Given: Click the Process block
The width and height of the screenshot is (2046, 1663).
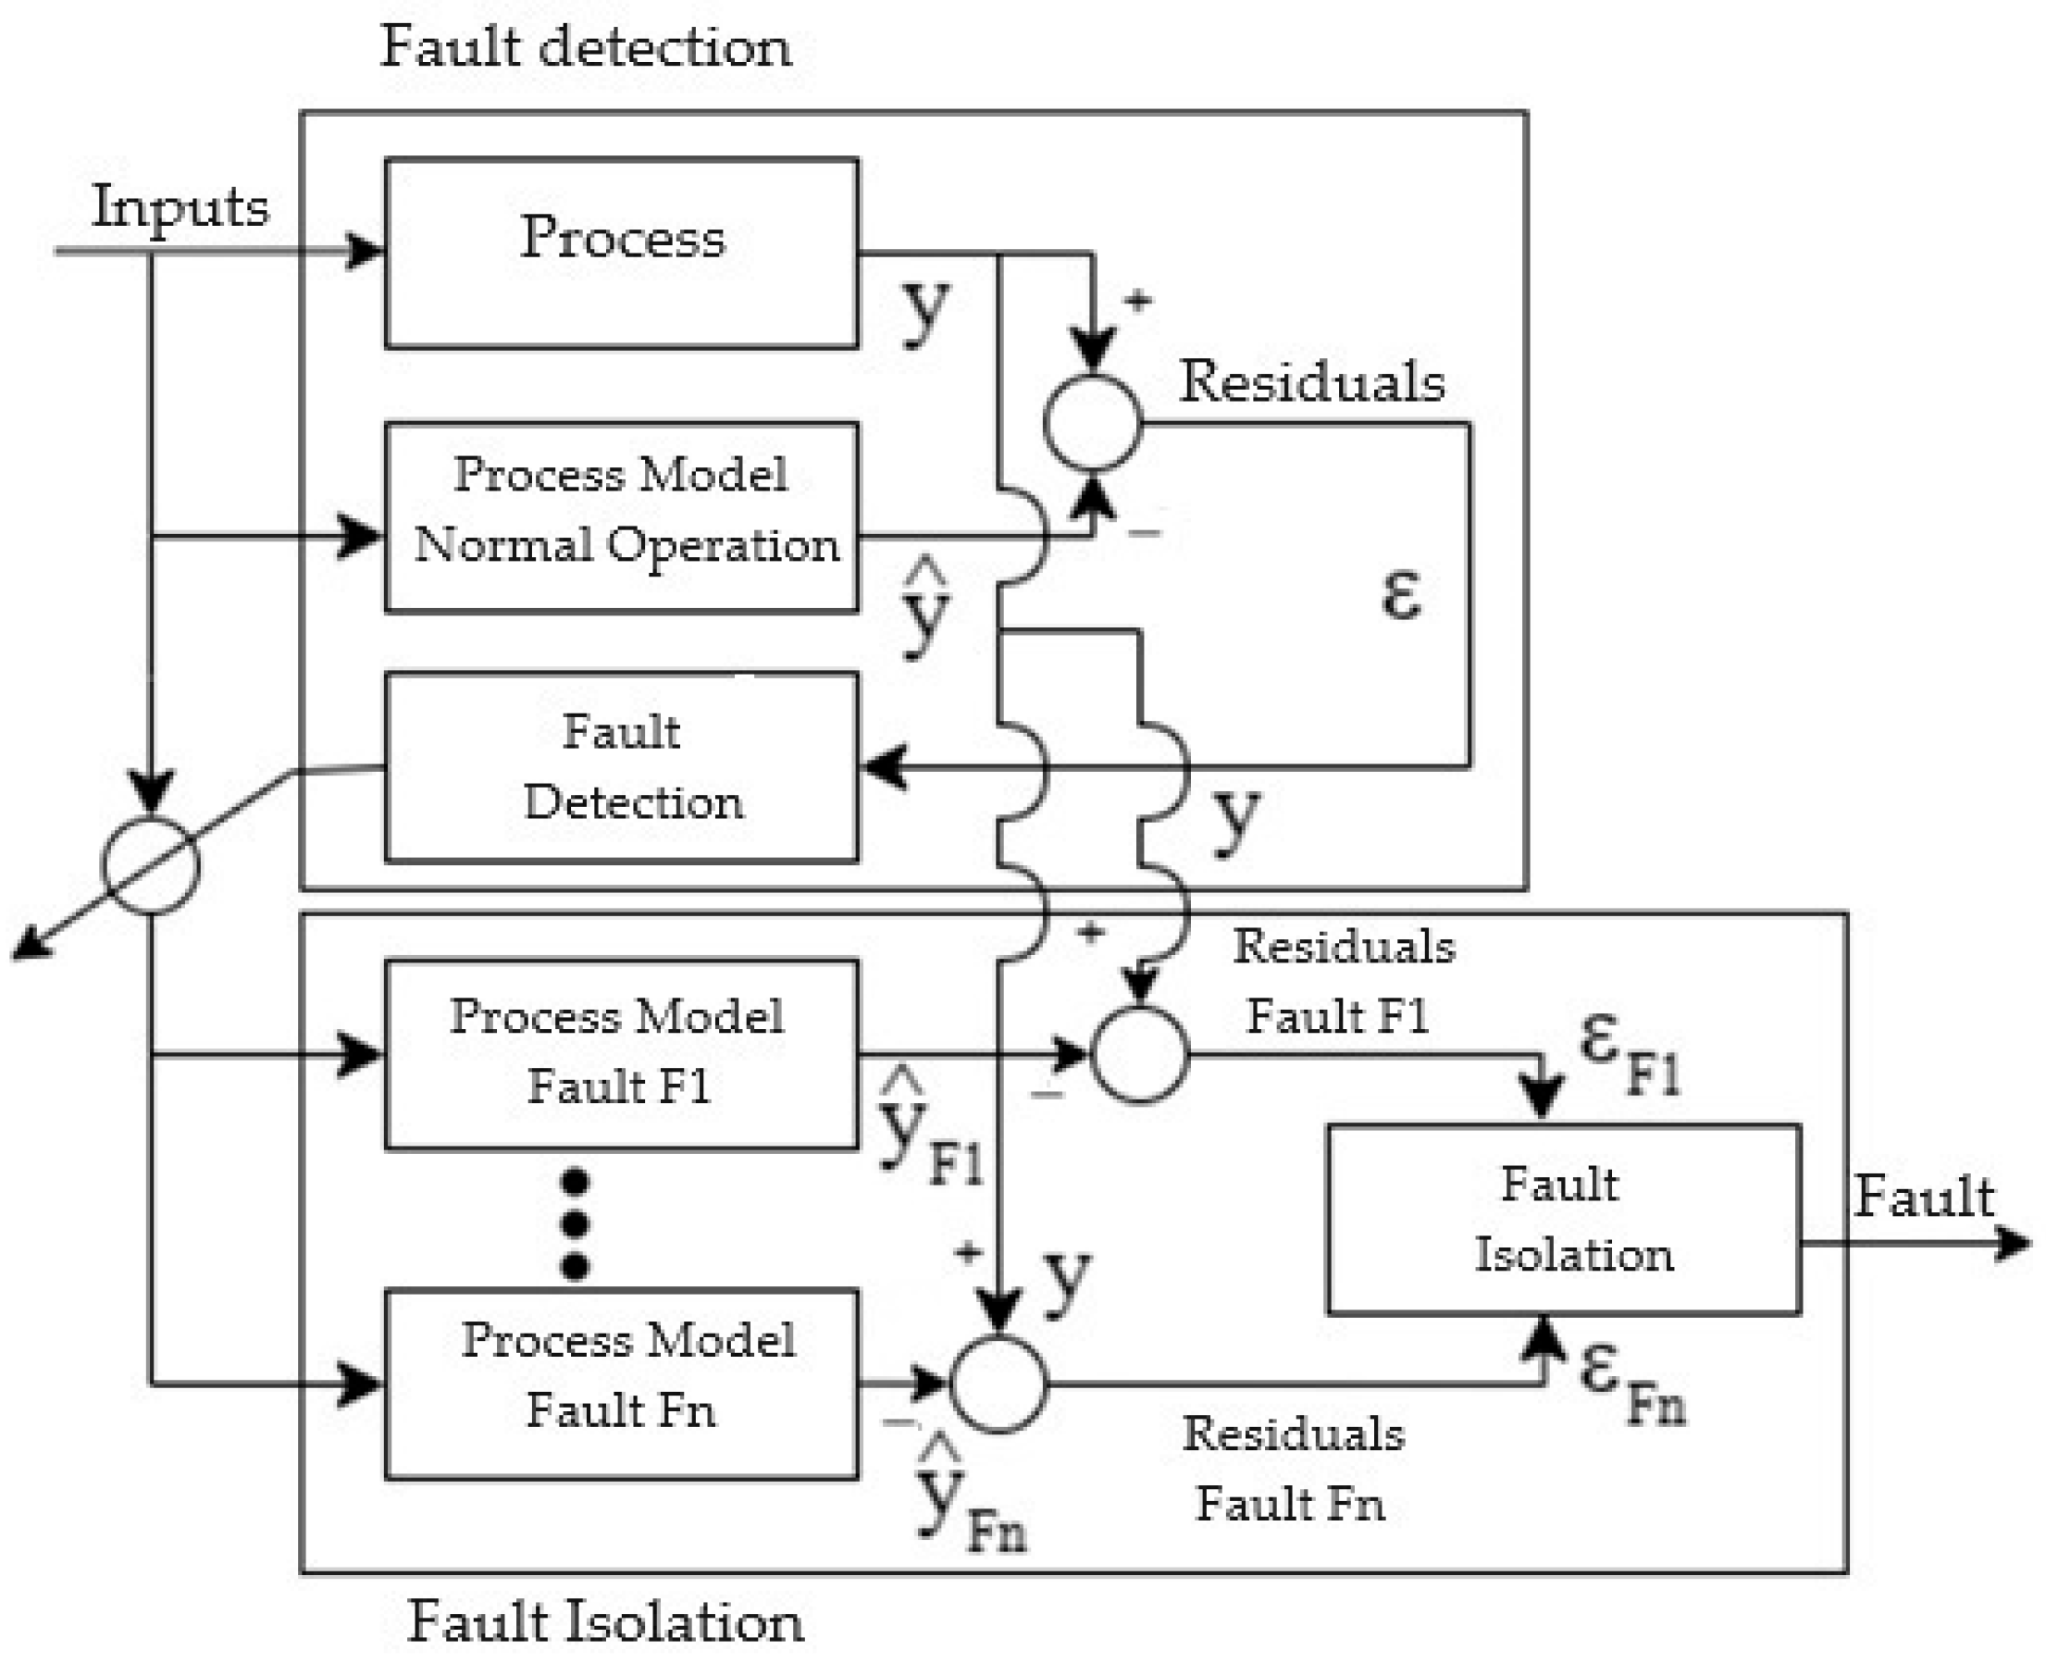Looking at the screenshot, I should [x=621, y=252].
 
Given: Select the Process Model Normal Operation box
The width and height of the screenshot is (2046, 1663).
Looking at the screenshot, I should [x=621, y=516].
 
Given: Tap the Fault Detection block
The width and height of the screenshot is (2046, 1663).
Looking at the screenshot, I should [x=621, y=767].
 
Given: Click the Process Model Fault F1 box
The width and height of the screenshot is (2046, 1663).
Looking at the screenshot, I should [x=621, y=1054].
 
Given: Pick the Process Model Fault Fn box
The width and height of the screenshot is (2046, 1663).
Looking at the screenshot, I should [x=621, y=1384].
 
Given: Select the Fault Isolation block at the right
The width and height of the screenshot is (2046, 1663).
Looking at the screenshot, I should [x=1563, y=1219].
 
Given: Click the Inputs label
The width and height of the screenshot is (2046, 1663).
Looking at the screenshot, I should [x=180, y=206].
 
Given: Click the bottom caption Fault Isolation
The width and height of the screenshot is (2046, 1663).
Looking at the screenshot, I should [x=605, y=1621].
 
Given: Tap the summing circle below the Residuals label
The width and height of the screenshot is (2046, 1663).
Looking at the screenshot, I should [x=1092, y=422].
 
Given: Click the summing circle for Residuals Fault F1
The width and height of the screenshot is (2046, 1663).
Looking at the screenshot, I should [x=1140, y=1055].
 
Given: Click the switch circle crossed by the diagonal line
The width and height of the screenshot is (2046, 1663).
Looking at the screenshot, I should [x=151, y=865].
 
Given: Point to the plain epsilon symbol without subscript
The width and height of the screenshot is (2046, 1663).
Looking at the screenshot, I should [x=1400, y=594].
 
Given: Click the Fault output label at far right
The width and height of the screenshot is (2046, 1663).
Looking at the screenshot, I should [x=1924, y=1197].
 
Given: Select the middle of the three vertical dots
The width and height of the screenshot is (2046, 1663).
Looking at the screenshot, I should [x=574, y=1223].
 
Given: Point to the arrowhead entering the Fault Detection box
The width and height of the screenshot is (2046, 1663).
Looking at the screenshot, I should [x=883, y=767].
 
